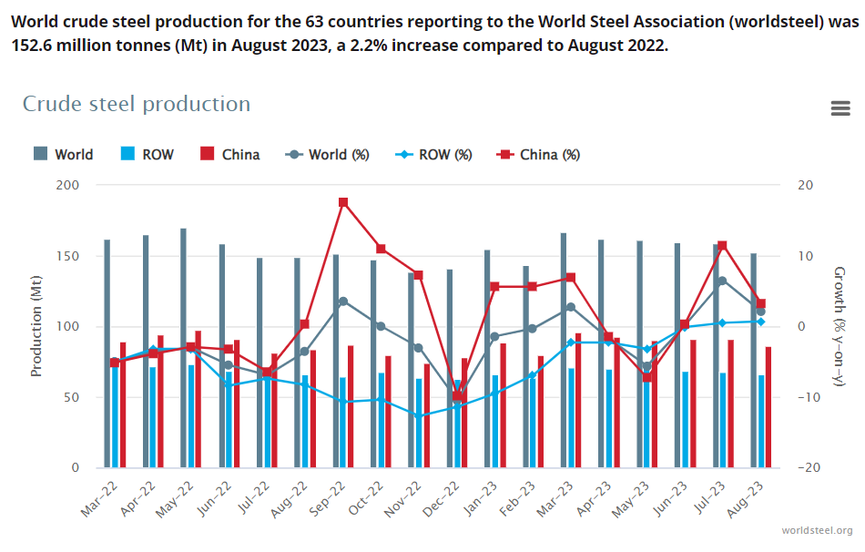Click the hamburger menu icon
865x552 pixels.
pos(840,108)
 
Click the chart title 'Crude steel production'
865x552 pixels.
pos(137,104)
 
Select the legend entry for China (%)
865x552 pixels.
pos(538,155)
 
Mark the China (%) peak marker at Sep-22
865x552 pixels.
pos(343,202)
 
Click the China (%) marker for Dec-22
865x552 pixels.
pos(458,396)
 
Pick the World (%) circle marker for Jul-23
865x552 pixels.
pos(722,281)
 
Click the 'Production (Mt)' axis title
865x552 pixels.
pos(37,327)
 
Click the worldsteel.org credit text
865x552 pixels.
pos(817,530)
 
